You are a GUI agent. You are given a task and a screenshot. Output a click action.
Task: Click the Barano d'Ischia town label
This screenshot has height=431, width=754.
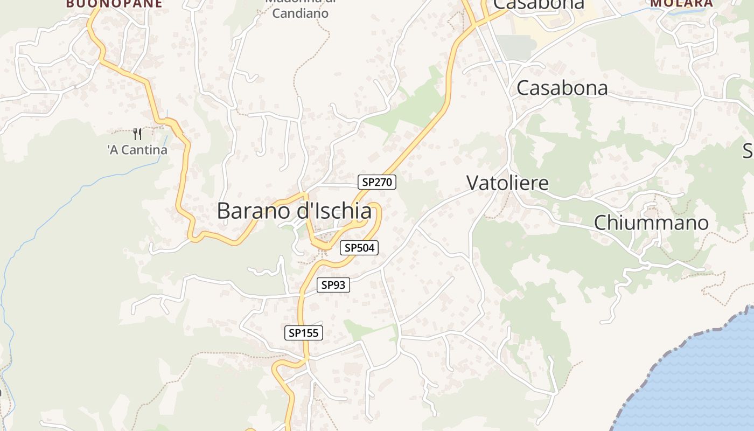pyautogui.click(x=294, y=211)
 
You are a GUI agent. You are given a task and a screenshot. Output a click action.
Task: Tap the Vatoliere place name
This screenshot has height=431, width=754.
pyautogui.click(x=507, y=183)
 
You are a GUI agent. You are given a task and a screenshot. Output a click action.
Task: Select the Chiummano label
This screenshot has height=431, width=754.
pyautogui.click(x=651, y=223)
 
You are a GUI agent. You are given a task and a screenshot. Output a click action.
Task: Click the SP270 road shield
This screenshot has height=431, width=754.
pyautogui.click(x=377, y=182)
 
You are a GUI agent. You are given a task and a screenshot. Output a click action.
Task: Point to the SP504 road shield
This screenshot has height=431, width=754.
pyautogui.click(x=359, y=248)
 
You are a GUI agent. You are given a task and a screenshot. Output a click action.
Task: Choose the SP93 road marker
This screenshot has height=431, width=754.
pyautogui.click(x=333, y=285)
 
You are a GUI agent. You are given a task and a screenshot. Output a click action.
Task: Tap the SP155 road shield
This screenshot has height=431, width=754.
pyautogui.click(x=304, y=333)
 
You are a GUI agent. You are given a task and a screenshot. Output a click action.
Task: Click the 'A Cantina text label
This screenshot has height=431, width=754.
pyautogui.click(x=137, y=150)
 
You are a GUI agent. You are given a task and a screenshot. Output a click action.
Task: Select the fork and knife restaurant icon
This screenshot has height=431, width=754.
pyautogui.click(x=137, y=134)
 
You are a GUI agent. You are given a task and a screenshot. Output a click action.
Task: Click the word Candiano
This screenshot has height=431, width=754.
pyautogui.click(x=300, y=13)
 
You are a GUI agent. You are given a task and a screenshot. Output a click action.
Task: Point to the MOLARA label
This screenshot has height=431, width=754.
pyautogui.click(x=681, y=3)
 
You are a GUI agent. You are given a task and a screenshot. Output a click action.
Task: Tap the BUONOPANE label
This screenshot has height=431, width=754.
pyautogui.click(x=114, y=3)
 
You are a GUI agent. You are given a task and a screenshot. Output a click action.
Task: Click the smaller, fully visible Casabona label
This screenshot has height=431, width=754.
pyautogui.click(x=562, y=88)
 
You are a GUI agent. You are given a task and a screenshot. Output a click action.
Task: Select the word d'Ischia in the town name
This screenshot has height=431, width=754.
pyautogui.click(x=334, y=211)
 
